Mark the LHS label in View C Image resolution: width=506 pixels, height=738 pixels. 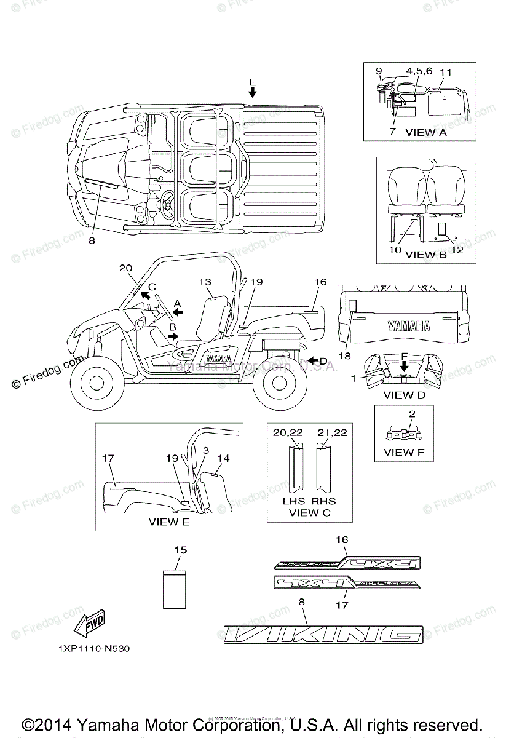[x=290, y=502]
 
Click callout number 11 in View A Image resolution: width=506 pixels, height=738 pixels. [x=446, y=72]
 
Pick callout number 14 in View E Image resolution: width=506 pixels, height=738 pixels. [x=223, y=458]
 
